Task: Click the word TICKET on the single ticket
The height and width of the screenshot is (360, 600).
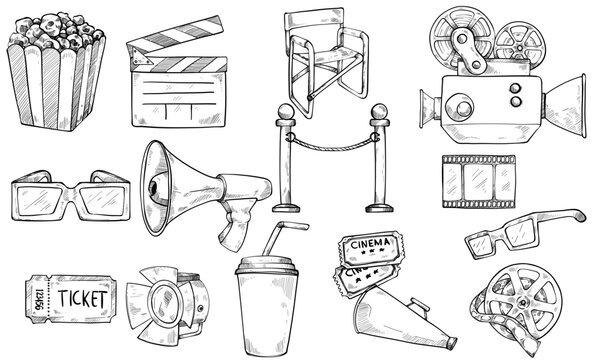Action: tap(85, 297)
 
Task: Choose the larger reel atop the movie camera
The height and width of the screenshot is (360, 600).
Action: tap(446, 36)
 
